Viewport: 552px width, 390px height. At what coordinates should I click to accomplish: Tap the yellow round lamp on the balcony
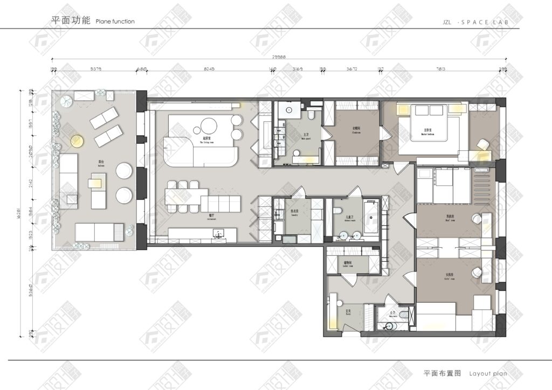tap(77, 141)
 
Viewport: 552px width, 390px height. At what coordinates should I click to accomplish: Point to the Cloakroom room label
tap(355, 129)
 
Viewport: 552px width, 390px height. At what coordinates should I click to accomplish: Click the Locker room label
tap(348, 264)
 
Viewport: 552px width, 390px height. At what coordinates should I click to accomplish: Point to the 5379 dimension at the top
tap(96, 69)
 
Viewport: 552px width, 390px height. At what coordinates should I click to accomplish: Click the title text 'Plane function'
tap(115, 22)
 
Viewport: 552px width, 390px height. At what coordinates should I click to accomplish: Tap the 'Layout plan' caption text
tap(488, 373)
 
